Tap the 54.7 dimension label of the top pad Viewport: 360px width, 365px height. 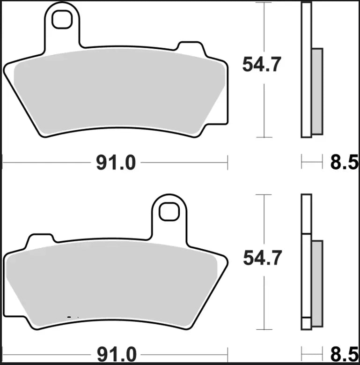(x=262, y=64)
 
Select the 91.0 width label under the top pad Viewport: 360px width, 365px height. (x=116, y=163)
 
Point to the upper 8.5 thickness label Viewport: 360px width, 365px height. (x=345, y=163)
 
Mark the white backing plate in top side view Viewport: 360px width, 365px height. (x=306, y=70)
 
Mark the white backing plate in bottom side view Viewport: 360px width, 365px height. (x=306, y=262)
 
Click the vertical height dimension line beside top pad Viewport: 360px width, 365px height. (x=265, y=103)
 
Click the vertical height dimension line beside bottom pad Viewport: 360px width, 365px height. (x=265, y=300)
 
